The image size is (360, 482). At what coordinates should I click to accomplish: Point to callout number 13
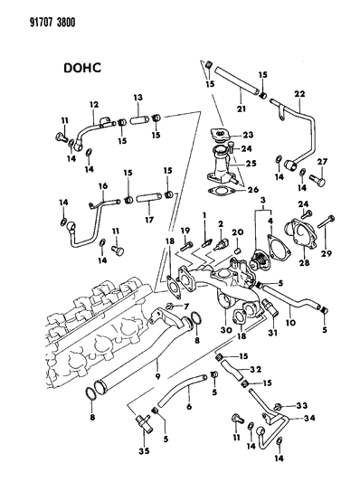pyautogui.click(x=137, y=98)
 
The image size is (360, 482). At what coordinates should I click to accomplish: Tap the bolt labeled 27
pyautogui.click(x=321, y=179)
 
